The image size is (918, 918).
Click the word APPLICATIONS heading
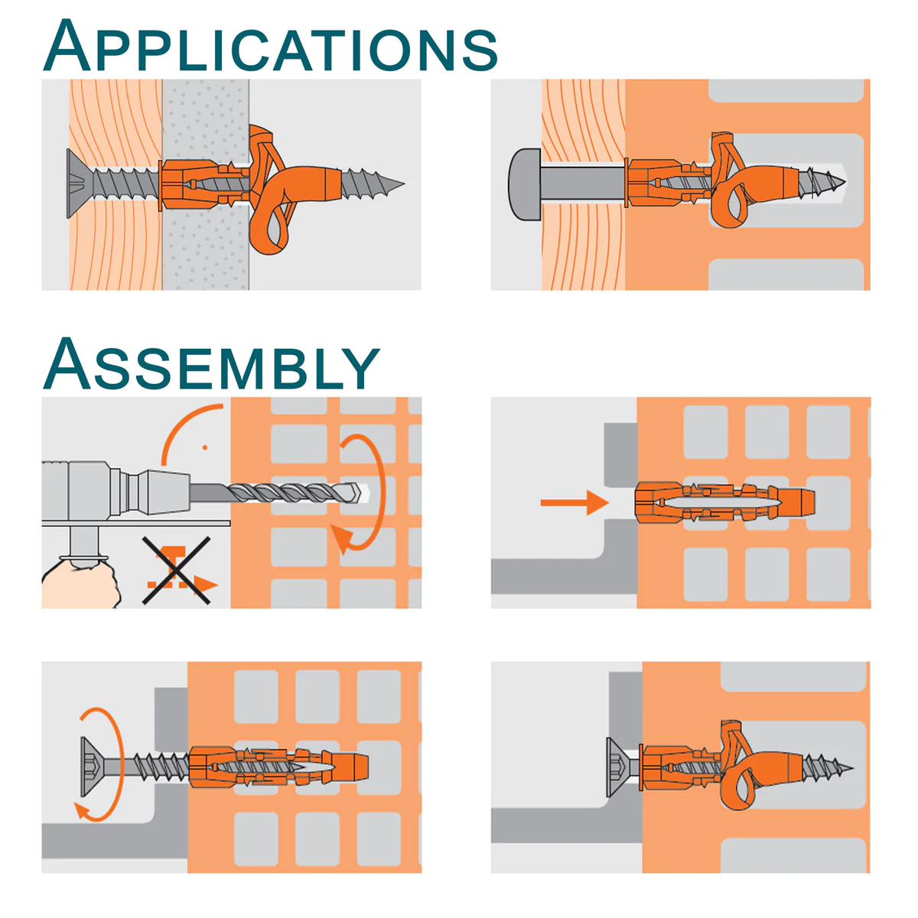coord(270,46)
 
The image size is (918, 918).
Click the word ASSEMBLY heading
coord(211,363)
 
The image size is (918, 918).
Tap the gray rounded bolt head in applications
coord(525,184)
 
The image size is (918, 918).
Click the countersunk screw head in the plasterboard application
coord(80,184)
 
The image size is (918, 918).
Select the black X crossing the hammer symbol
coord(176,570)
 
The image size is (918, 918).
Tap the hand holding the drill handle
coord(81,585)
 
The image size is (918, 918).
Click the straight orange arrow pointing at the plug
coord(575,503)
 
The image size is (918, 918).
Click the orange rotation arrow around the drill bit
coord(379,490)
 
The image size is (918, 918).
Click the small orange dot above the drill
coord(205,448)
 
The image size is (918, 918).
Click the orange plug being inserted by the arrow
coord(724,503)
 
